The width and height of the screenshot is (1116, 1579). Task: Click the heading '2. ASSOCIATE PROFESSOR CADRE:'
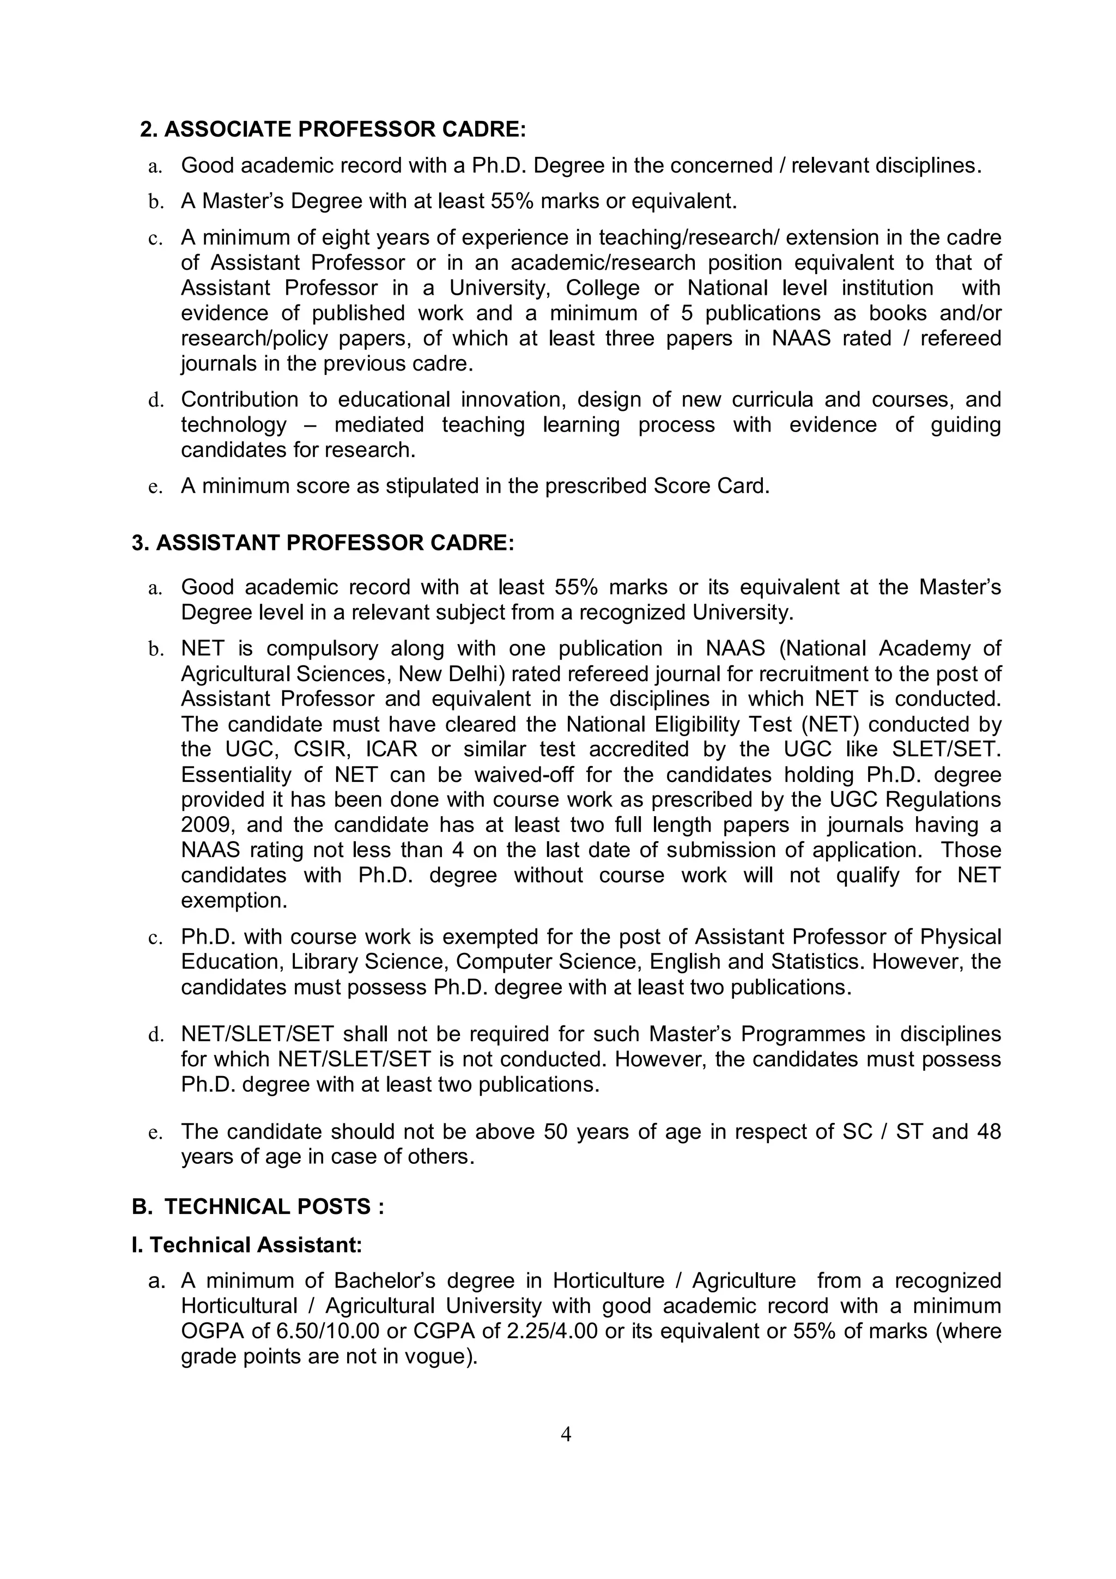tap(333, 129)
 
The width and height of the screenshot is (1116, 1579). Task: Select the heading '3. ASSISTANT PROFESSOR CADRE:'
tap(323, 543)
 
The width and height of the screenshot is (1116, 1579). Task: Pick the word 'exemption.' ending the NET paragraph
tap(234, 900)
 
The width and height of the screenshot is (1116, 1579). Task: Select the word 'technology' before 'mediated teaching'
tap(234, 424)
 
